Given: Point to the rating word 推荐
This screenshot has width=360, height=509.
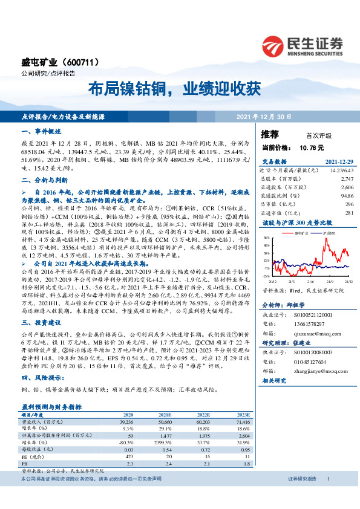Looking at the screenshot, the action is tap(270, 134).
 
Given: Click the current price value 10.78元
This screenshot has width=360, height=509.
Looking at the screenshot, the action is tap(311, 147).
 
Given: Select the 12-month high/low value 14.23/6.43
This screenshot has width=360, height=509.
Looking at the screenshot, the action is tap(340, 171).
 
